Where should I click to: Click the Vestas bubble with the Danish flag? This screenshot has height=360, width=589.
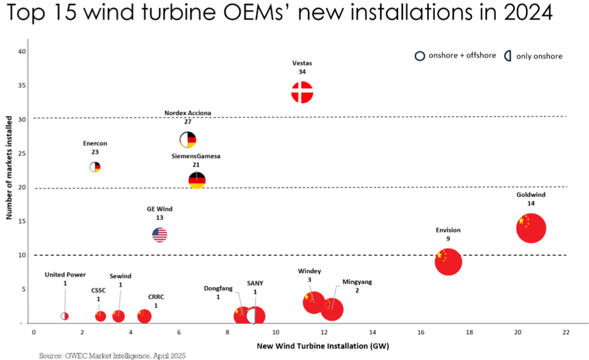point(302,92)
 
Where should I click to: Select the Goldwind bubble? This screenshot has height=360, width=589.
point(531,228)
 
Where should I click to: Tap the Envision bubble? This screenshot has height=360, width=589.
point(448,262)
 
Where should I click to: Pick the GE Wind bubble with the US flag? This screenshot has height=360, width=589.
point(160,235)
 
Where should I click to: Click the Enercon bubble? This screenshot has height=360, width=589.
point(95,167)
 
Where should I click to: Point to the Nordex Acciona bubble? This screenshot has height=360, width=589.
point(188,140)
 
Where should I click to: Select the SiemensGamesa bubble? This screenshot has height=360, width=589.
point(197,180)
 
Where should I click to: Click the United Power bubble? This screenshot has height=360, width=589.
point(65,316)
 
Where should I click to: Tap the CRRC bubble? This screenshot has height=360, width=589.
point(144,316)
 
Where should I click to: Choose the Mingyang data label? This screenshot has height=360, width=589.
point(357,286)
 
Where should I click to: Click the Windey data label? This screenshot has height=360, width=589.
point(310,275)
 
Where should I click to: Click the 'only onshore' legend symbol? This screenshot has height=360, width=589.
point(508,56)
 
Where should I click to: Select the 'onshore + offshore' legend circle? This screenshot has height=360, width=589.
point(420,56)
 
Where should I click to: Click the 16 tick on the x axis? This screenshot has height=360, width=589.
point(421,332)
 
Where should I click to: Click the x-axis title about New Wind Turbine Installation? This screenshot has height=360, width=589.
point(322,346)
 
